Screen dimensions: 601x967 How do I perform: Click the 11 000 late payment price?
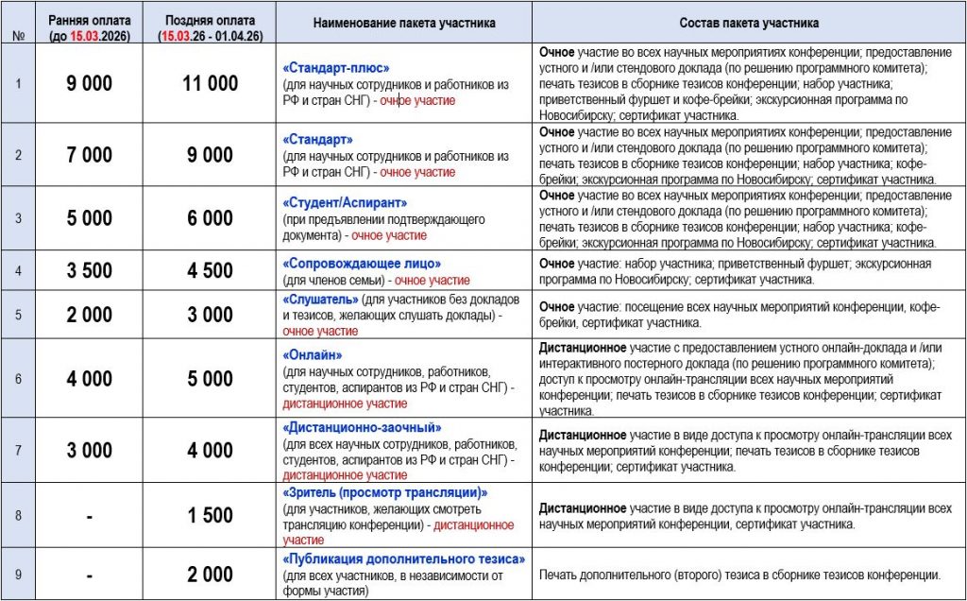point(210,83)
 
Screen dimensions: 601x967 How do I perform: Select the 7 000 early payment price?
point(89,155)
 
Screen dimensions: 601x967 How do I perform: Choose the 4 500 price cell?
point(210,271)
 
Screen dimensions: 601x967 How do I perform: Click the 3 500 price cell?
point(89,271)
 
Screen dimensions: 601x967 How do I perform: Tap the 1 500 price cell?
point(210,515)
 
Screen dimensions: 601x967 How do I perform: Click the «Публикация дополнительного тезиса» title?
point(403,558)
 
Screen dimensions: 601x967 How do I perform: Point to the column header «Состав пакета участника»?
point(749,22)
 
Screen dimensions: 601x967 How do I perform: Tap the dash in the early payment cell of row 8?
point(89,515)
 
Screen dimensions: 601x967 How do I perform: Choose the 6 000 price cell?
point(210,218)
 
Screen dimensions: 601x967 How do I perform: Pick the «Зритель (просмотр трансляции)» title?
point(385,492)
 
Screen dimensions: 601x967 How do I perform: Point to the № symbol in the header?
point(19,36)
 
